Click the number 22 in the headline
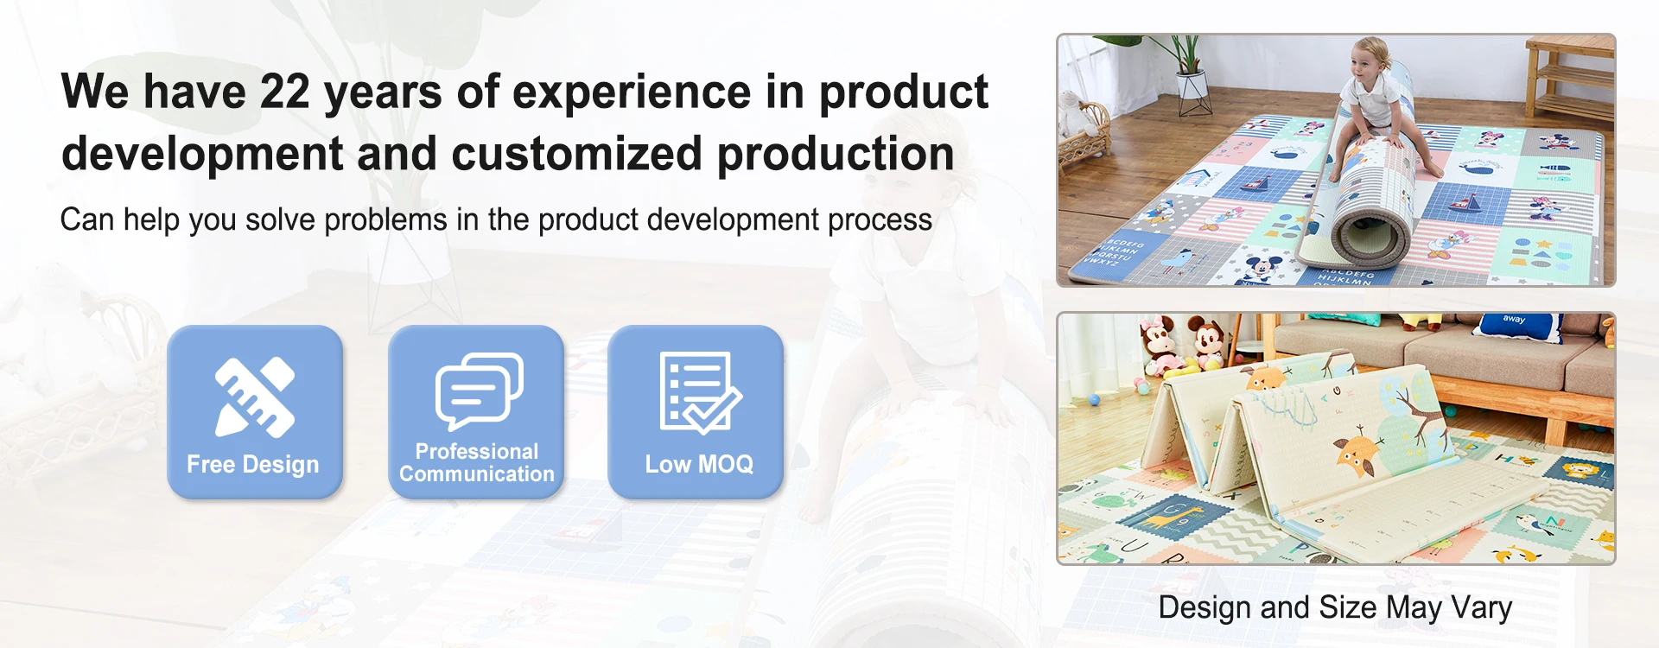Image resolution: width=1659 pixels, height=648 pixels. (285, 92)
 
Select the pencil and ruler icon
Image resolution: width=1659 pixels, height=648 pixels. (255, 397)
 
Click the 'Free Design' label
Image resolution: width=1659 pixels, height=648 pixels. (253, 465)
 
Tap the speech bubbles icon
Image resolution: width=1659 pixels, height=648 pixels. (479, 391)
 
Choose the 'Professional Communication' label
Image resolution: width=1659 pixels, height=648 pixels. (477, 463)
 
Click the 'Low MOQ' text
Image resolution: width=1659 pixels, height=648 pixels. (699, 464)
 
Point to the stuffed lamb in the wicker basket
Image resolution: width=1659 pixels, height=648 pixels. (1077, 113)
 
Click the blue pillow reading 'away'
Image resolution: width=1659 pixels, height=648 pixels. (1514, 324)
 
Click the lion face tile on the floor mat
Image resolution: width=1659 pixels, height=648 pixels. (1579, 472)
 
